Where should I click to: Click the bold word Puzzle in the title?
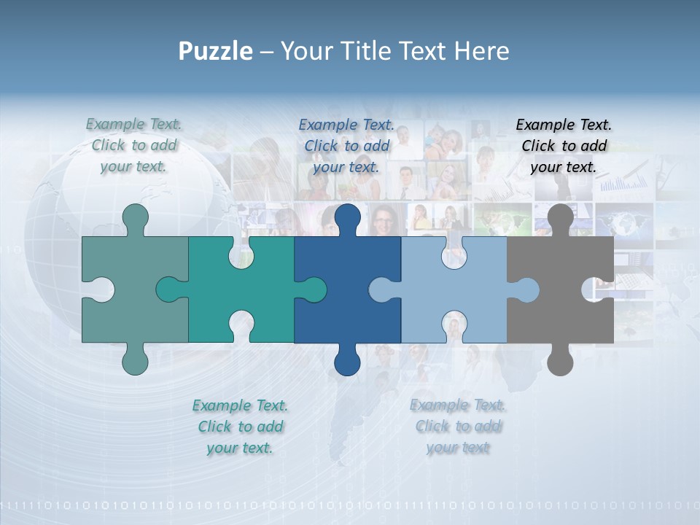[x=216, y=51]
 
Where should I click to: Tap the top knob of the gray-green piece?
[x=135, y=217]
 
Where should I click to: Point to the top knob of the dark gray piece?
[x=560, y=217]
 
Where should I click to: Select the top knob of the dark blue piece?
[x=347, y=217]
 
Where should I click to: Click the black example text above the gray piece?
[x=564, y=146]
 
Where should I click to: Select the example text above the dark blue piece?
[x=346, y=146]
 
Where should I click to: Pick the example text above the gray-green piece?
[x=133, y=145]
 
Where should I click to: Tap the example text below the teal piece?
[x=240, y=427]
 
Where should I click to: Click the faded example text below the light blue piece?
[x=457, y=427]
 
